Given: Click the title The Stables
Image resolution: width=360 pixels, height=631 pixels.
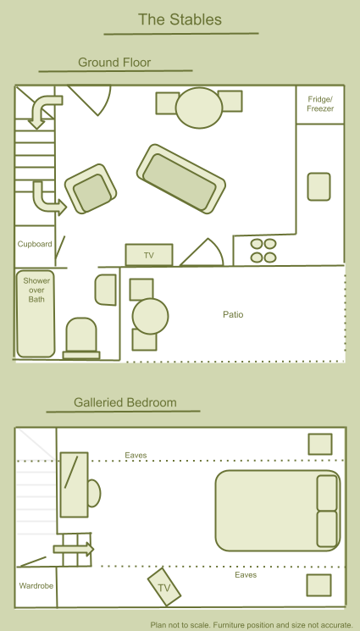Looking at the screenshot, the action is point(180,19).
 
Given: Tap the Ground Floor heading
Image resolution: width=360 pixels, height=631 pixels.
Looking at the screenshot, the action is point(114,63).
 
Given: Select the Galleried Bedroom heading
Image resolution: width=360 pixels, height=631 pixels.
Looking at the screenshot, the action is point(125,402).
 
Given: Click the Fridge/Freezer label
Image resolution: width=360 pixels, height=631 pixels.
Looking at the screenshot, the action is point(320,104).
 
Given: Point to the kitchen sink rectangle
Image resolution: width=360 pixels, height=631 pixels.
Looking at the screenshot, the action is point(319,186).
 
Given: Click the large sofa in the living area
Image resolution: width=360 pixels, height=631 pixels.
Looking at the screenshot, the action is point(180,179).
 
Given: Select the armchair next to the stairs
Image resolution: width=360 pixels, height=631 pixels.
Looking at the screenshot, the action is point(91,188).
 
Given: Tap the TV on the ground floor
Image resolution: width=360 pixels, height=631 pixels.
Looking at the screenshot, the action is point(149,255).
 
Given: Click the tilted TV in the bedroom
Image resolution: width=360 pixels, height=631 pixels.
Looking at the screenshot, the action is point(163,587).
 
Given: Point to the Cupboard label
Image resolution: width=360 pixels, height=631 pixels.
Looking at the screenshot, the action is point(35,244).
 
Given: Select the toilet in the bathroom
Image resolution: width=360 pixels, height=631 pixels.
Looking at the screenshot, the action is point(81,338).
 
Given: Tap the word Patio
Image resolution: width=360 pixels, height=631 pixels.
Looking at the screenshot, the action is point(233,314).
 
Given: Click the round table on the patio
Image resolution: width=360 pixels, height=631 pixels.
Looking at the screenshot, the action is point(150,316).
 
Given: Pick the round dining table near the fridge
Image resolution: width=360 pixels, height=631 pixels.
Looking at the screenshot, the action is point(199,108).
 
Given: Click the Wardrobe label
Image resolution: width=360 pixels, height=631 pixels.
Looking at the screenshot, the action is point(36,586).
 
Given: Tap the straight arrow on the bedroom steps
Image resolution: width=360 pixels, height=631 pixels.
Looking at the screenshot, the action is point(74,549).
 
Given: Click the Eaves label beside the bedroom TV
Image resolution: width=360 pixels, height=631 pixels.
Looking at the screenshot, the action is point(246,575).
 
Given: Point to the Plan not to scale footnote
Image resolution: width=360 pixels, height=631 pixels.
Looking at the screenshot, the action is point(252,625).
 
